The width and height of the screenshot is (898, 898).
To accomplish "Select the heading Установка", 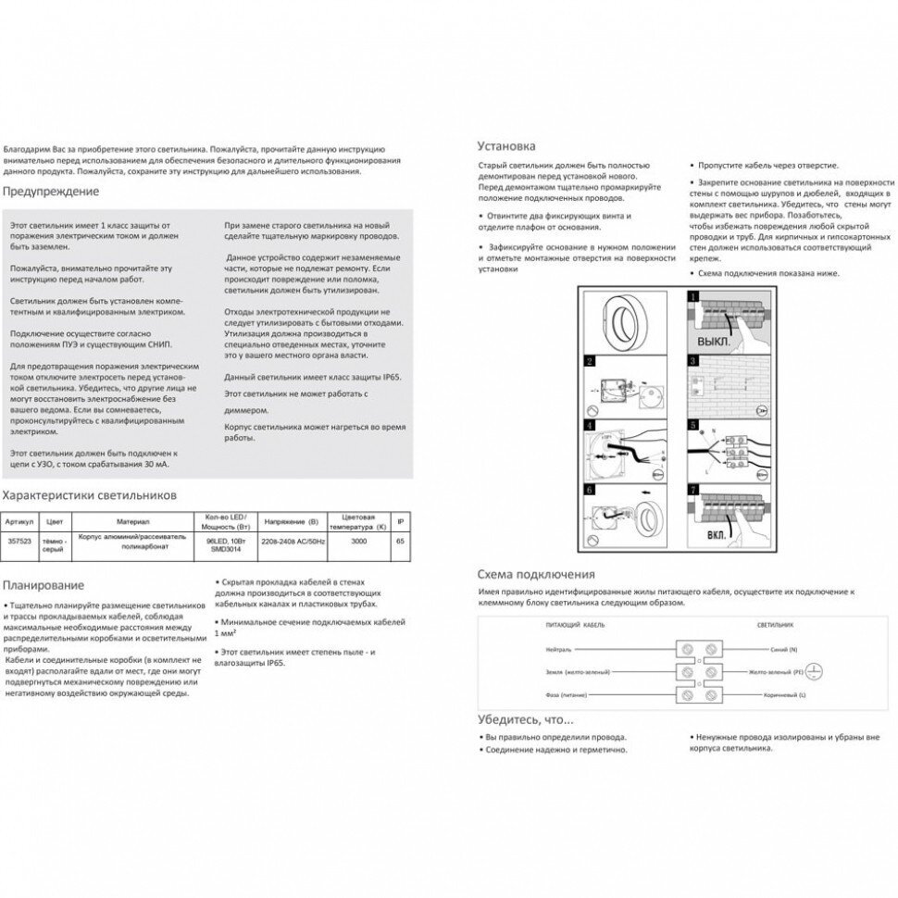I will (x=505, y=146).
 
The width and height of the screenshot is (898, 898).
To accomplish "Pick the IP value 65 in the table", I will (x=399, y=541).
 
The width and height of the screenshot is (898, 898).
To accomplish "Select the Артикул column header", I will (x=19, y=521).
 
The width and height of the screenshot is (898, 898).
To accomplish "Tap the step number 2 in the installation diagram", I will (x=588, y=361).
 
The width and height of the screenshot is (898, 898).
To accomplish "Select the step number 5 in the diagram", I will (x=691, y=425).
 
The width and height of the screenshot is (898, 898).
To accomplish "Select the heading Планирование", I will (x=44, y=585).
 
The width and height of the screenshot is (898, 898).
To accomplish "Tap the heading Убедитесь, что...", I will (x=525, y=719).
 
